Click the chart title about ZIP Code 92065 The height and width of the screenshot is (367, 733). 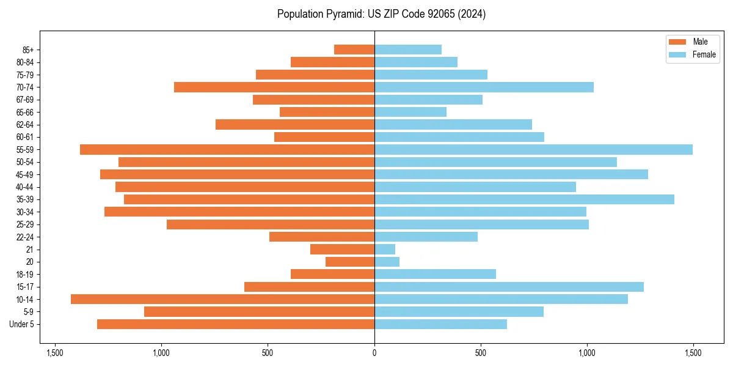[x=381, y=14]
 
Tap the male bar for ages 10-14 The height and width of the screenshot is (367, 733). [x=222, y=299]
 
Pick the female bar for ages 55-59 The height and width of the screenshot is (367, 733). [x=533, y=150]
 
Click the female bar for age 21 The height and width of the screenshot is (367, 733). [x=385, y=250]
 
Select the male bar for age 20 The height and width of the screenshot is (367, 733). [x=350, y=262]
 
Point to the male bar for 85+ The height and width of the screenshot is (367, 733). [x=354, y=50]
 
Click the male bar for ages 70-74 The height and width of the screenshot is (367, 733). [x=274, y=87]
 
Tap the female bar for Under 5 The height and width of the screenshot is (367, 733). [x=440, y=324]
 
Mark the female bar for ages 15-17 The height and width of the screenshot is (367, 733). [x=509, y=287]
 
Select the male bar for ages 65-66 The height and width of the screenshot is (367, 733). [x=327, y=112]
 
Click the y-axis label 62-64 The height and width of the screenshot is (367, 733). [x=25, y=125]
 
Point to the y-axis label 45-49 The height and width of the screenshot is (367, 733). [x=25, y=174]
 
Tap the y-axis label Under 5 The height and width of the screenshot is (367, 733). [x=22, y=324]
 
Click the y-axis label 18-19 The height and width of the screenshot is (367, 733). [x=25, y=275]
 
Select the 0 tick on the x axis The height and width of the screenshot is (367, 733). [x=374, y=354]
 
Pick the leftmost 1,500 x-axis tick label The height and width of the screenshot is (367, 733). [x=55, y=354]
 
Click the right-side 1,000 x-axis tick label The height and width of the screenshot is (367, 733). [x=587, y=354]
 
